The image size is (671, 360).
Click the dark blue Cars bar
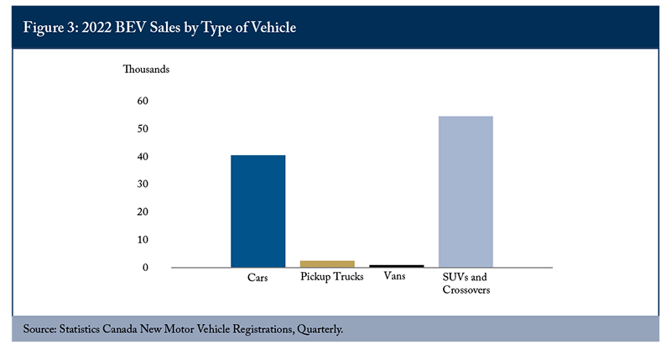[258, 211]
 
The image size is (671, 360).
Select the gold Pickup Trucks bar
[327, 264]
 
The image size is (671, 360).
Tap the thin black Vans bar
[397, 266]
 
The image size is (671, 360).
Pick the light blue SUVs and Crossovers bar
[466, 192]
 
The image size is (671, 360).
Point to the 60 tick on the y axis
[143, 101]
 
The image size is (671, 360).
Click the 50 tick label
[143, 129]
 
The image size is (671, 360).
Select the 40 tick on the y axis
[143, 157]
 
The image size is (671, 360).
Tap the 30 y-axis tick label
[143, 184]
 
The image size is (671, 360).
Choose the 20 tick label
[143, 212]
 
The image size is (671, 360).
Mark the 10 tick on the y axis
[143, 240]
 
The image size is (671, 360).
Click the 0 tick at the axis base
[145, 268]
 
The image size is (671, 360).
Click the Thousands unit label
[146, 70]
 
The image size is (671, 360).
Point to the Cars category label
[257, 278]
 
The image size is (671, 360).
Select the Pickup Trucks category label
[332, 277]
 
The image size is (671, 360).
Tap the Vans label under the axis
[394, 276]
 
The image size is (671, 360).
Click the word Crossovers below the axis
[466, 290]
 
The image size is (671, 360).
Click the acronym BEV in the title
[131, 28]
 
